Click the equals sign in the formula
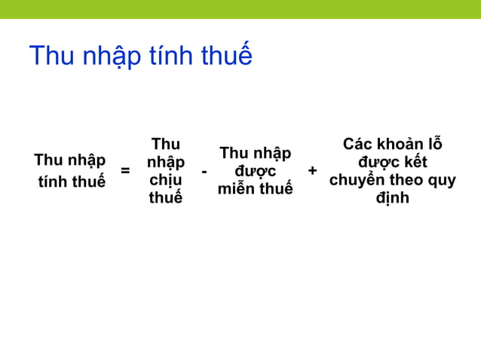pos(125,171)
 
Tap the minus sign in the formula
pos(204,172)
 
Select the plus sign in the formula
pos(313,171)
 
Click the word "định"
pos(392,199)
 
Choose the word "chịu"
pos(165,182)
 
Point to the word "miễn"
pos(235,190)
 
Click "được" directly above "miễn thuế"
pos(255,172)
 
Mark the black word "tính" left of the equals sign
pos(55,182)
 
